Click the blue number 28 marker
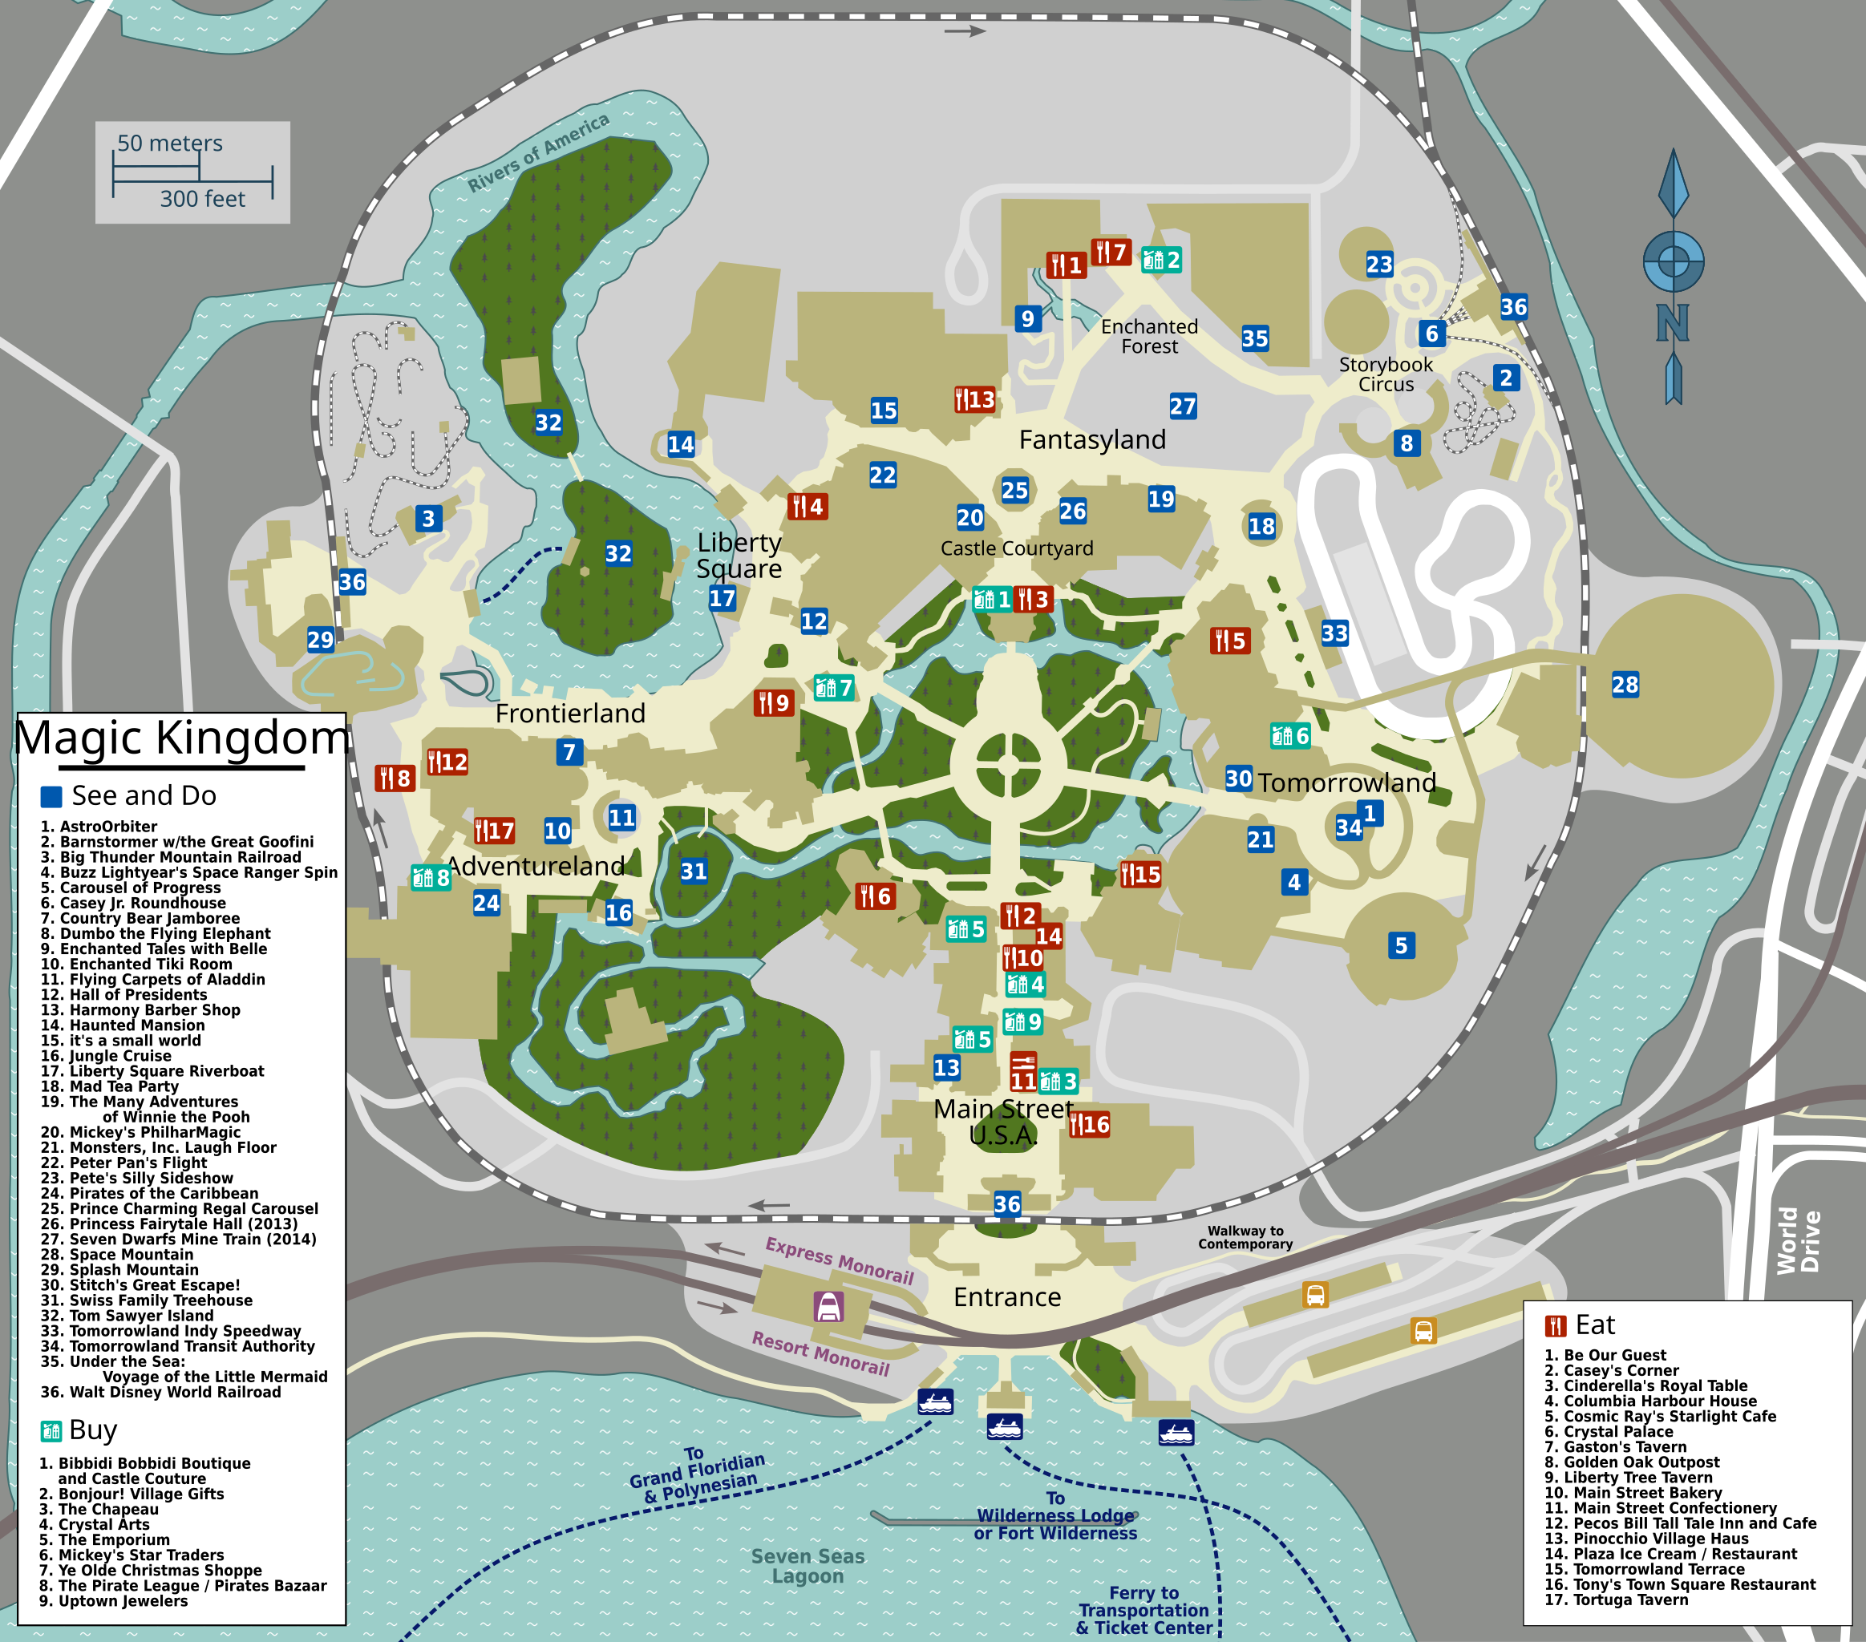1625,685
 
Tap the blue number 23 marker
1379,265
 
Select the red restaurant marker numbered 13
975,400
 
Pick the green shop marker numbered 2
1162,260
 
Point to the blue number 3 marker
428,519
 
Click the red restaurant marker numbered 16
1089,1125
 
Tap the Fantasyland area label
1092,440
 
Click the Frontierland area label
569,713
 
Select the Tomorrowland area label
1346,783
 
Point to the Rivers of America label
538,153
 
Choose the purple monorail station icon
828,1307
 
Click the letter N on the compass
1673,323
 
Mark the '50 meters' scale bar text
170,144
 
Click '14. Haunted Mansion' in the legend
123,1025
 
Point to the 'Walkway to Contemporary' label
1245,1237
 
